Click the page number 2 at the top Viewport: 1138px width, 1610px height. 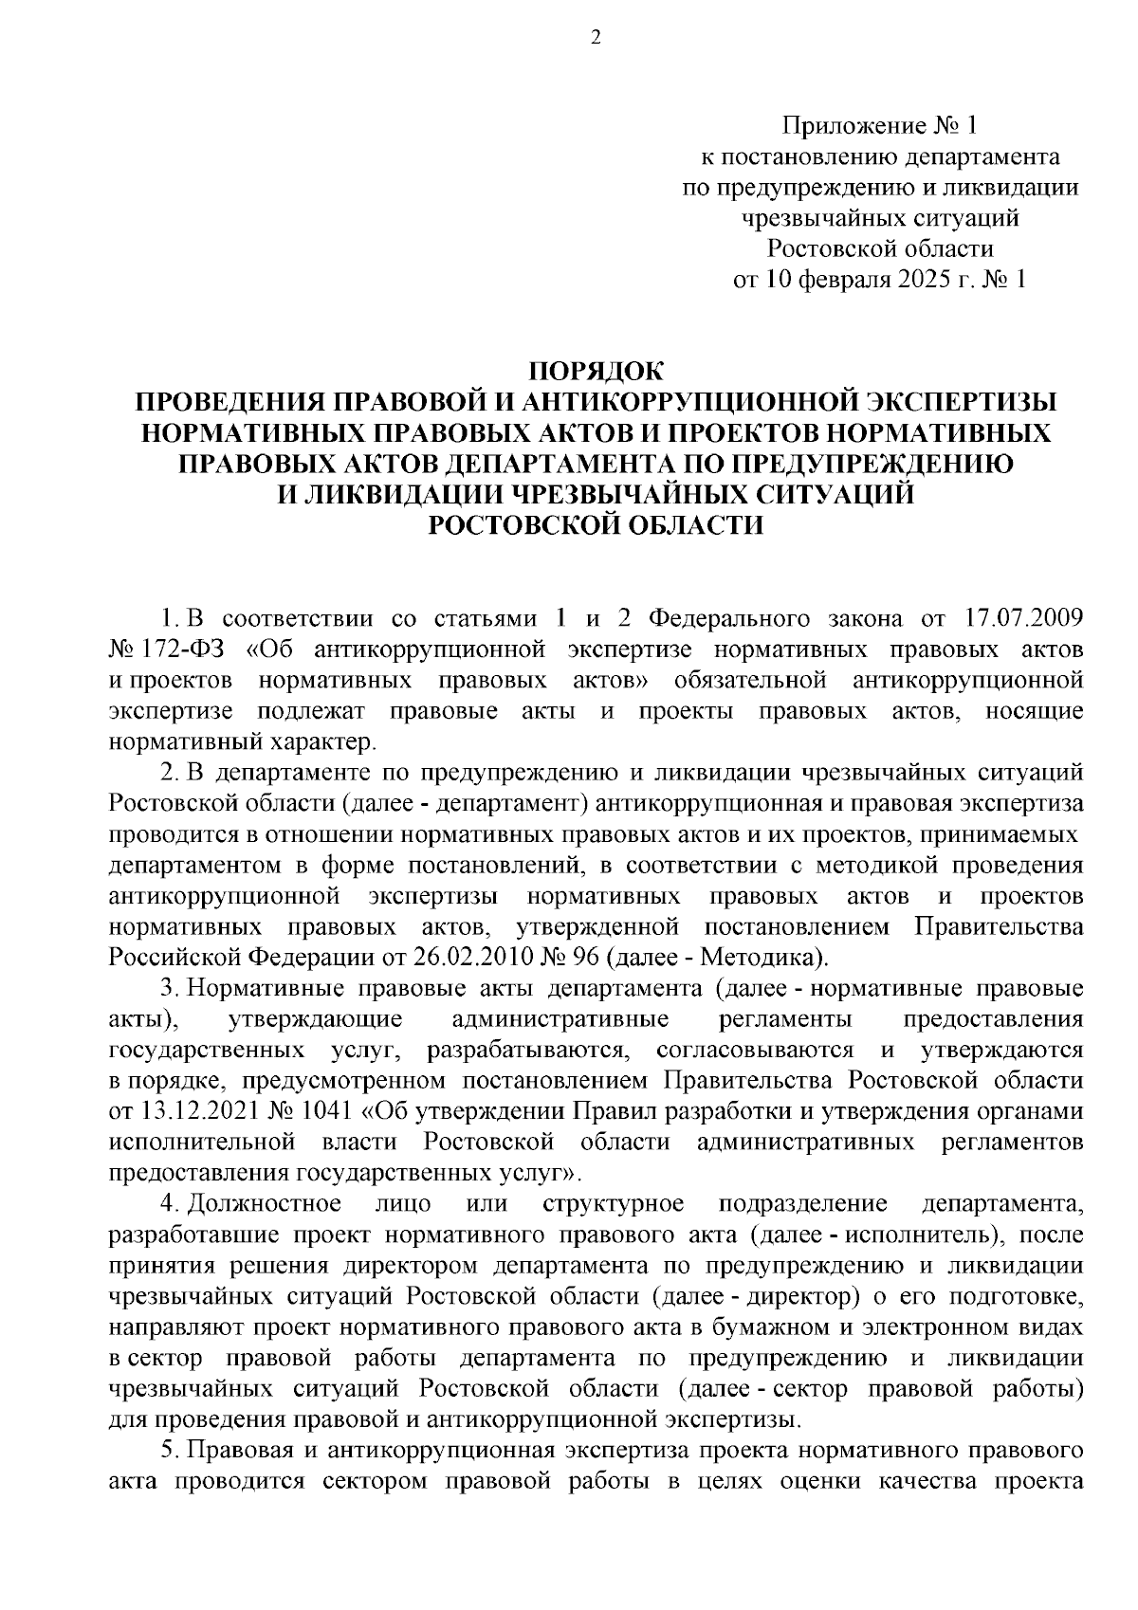coord(596,37)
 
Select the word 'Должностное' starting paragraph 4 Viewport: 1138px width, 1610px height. coord(265,1203)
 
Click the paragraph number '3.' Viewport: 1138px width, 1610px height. coord(171,989)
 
